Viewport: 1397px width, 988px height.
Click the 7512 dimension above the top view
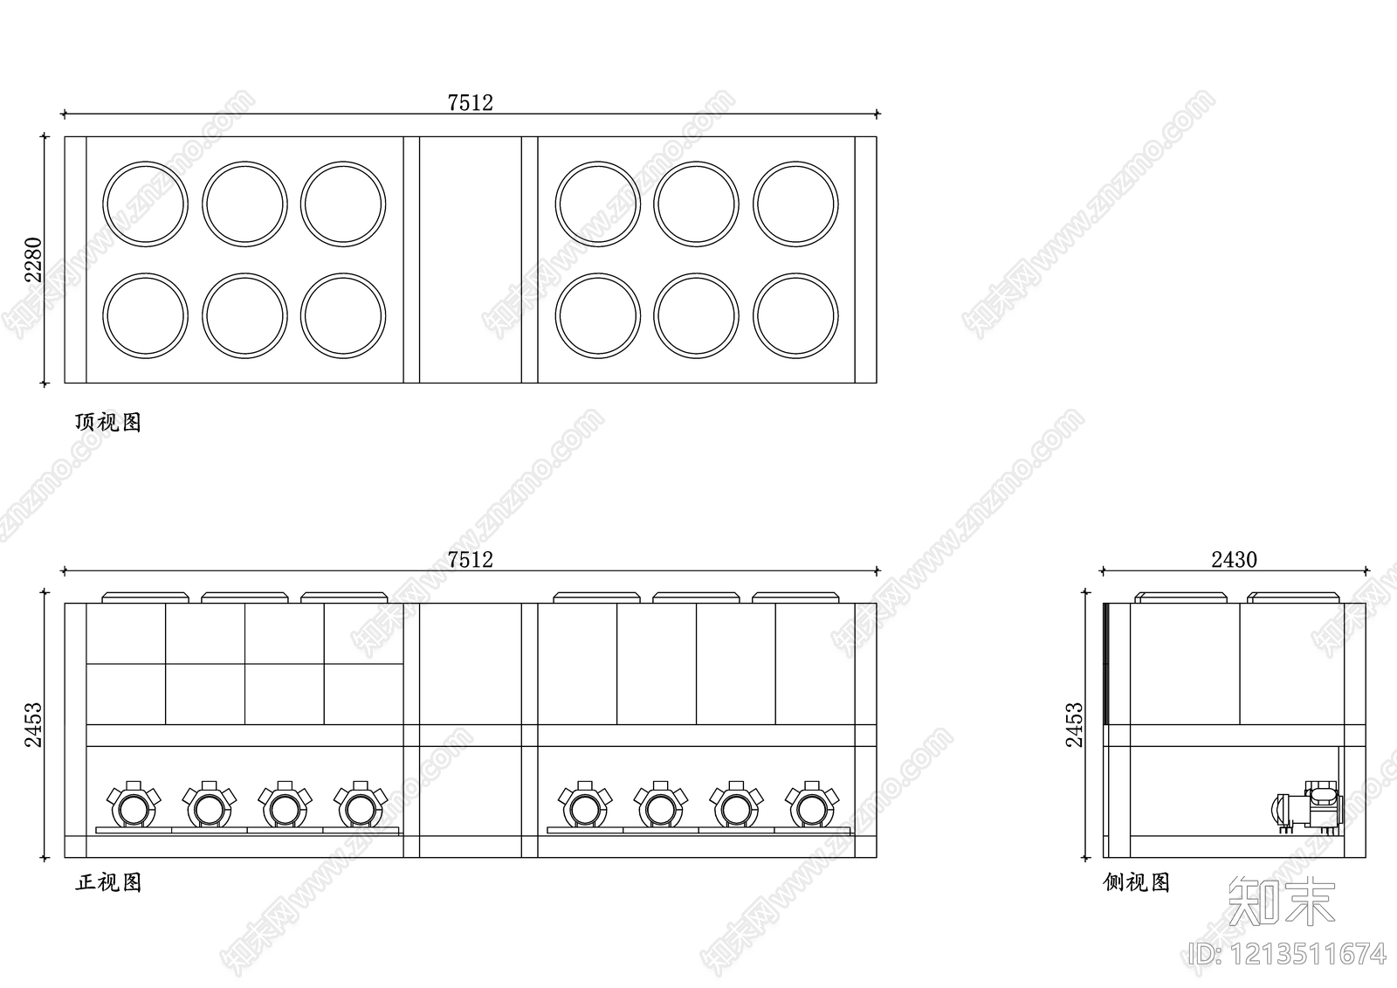click(x=471, y=103)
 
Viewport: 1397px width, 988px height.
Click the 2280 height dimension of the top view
click(x=33, y=259)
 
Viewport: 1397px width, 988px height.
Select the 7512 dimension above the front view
click(x=471, y=560)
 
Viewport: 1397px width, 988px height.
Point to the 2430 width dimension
click(x=1234, y=560)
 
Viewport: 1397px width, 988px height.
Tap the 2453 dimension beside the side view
click(x=1074, y=724)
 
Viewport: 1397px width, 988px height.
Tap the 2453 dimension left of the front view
click(x=33, y=724)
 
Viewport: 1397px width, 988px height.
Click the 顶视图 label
click(x=108, y=423)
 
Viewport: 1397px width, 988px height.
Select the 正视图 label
click(x=108, y=882)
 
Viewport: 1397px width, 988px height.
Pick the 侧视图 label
click(x=1136, y=882)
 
